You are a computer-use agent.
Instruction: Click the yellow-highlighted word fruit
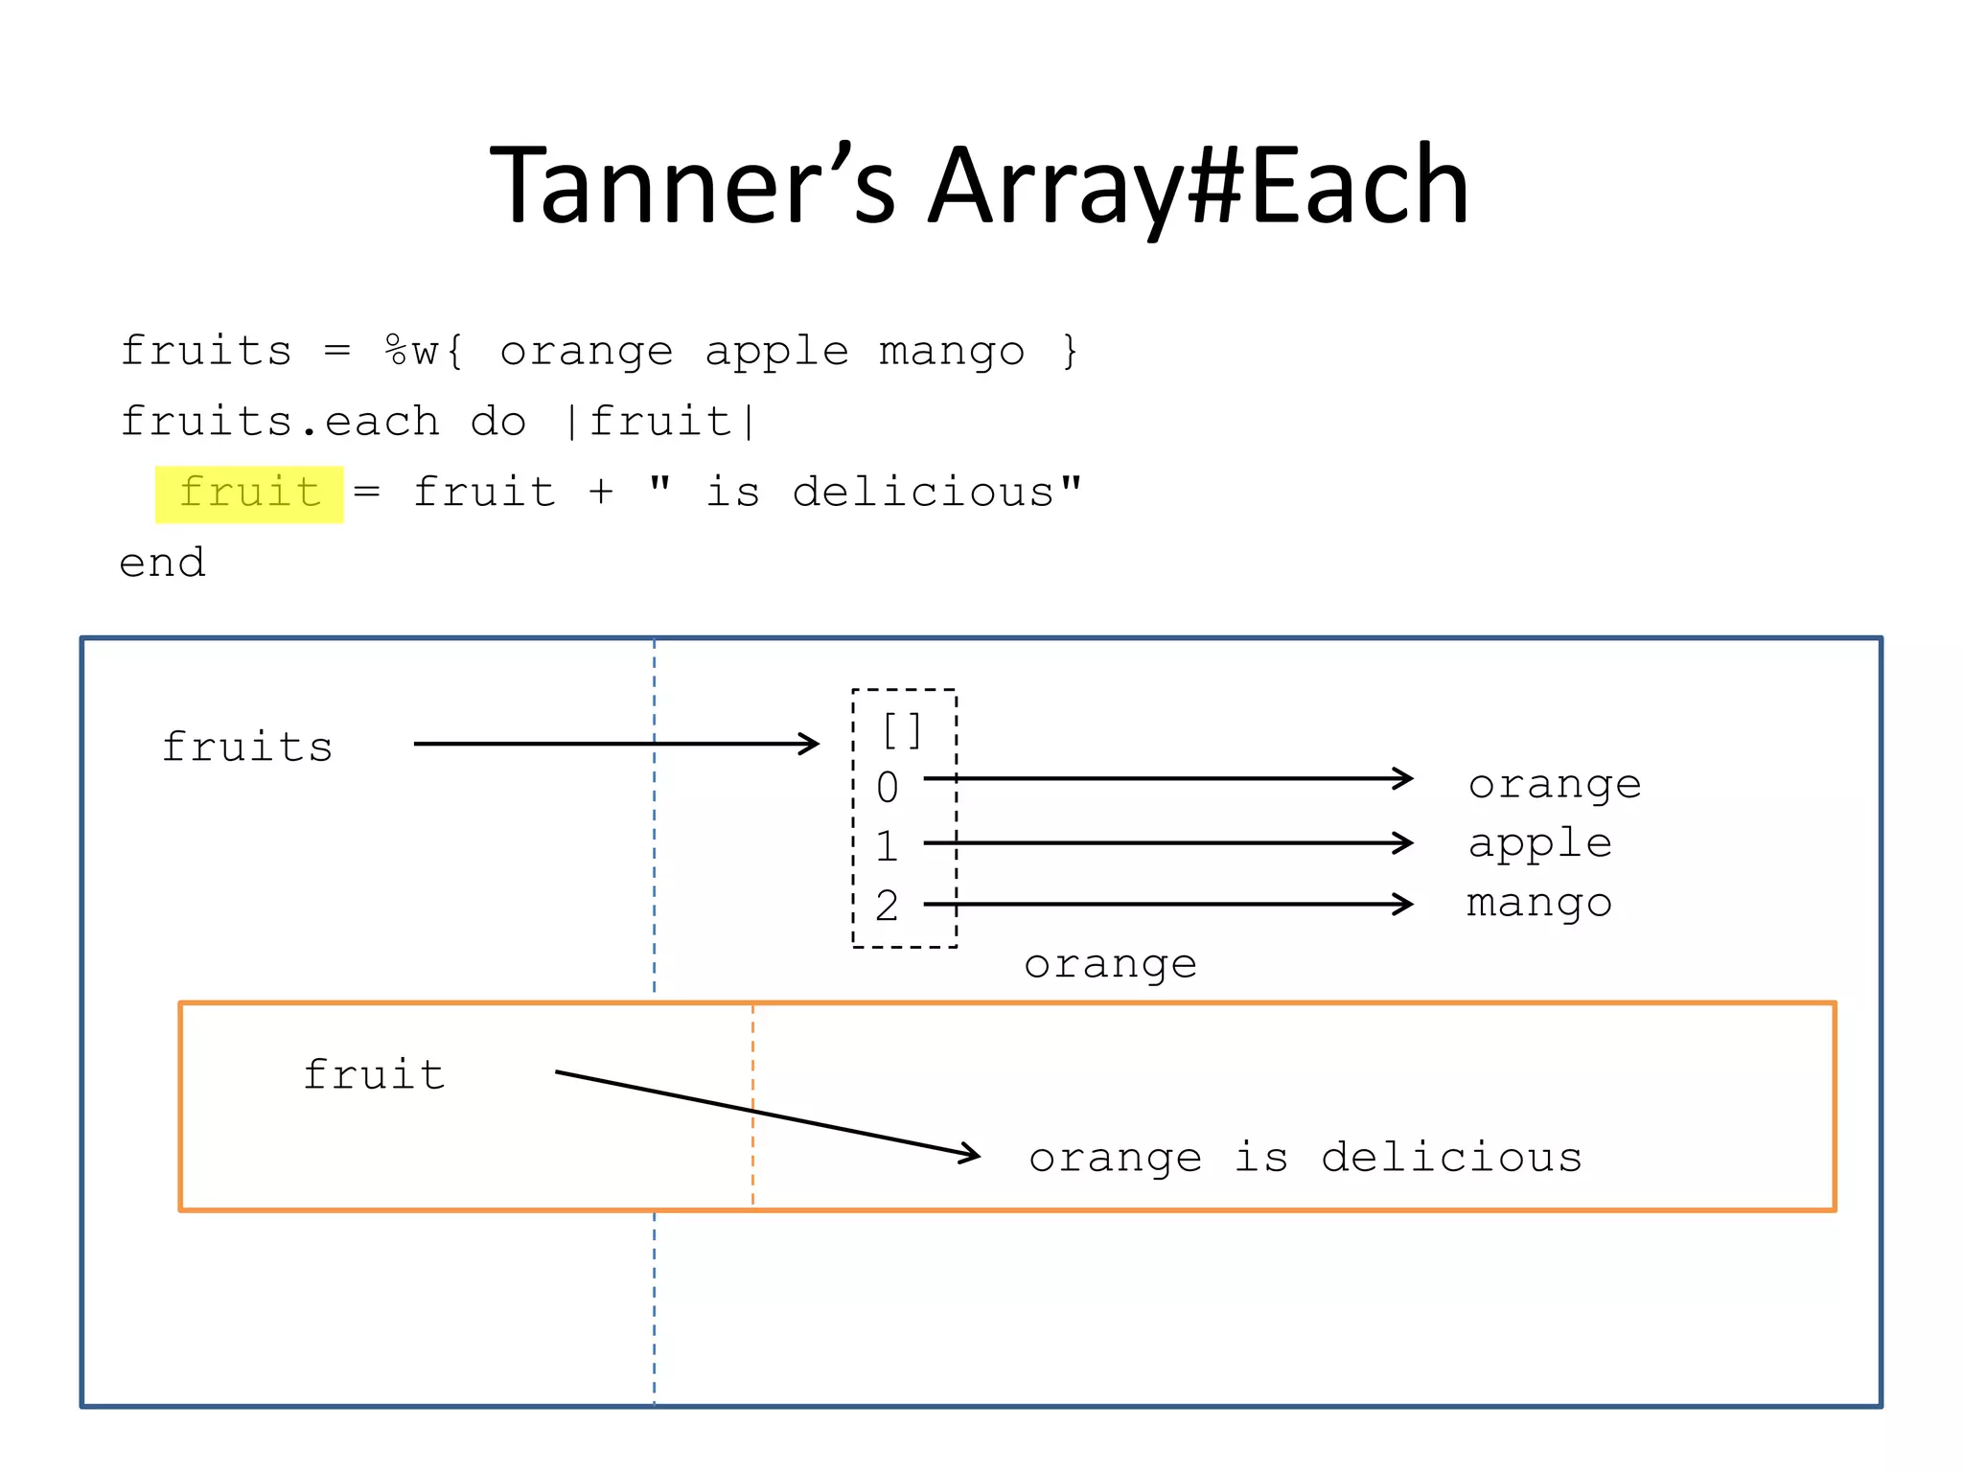(249, 494)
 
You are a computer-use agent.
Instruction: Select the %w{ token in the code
(425, 352)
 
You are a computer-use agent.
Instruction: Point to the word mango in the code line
(952, 352)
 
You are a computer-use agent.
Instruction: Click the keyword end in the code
(162, 563)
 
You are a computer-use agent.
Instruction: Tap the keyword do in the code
(498, 423)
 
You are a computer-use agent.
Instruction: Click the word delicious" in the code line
(937, 494)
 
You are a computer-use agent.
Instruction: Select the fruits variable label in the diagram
(247, 747)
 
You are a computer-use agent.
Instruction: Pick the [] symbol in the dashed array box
(902, 731)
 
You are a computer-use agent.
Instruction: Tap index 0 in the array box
(888, 788)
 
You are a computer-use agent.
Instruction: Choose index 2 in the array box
(888, 907)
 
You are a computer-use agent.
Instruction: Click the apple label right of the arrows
(1539, 844)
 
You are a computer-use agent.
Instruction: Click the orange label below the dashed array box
(1110, 965)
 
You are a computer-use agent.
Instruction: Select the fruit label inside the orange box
(375, 1075)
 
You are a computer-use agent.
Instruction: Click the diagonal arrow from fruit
(767, 1113)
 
